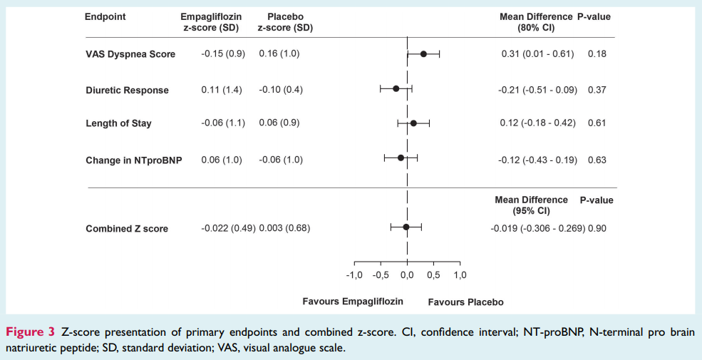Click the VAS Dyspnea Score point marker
(x=423, y=53)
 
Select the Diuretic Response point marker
(x=396, y=89)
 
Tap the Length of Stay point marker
(x=413, y=123)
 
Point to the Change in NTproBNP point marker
(x=401, y=158)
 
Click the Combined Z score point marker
(x=406, y=227)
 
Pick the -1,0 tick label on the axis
(x=354, y=275)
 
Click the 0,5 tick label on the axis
(x=433, y=275)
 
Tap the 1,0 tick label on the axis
(x=459, y=275)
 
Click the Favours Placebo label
(x=465, y=302)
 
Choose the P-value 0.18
(x=597, y=54)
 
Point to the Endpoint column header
(x=105, y=17)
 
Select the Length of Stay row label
(x=118, y=123)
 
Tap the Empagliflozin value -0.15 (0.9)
(x=223, y=54)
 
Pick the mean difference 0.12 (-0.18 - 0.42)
(x=537, y=123)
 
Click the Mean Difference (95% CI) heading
(x=531, y=205)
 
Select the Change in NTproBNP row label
(x=133, y=160)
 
